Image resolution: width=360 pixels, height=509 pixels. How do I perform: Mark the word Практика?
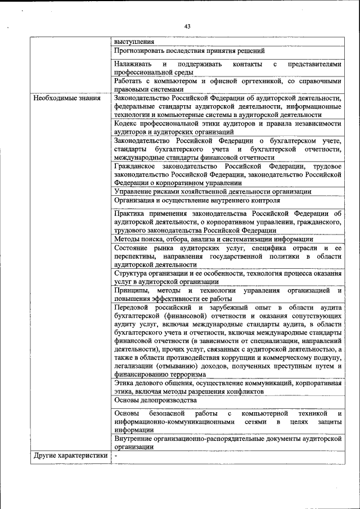(x=129, y=214)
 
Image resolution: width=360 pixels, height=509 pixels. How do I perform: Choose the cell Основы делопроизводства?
(x=155, y=400)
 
